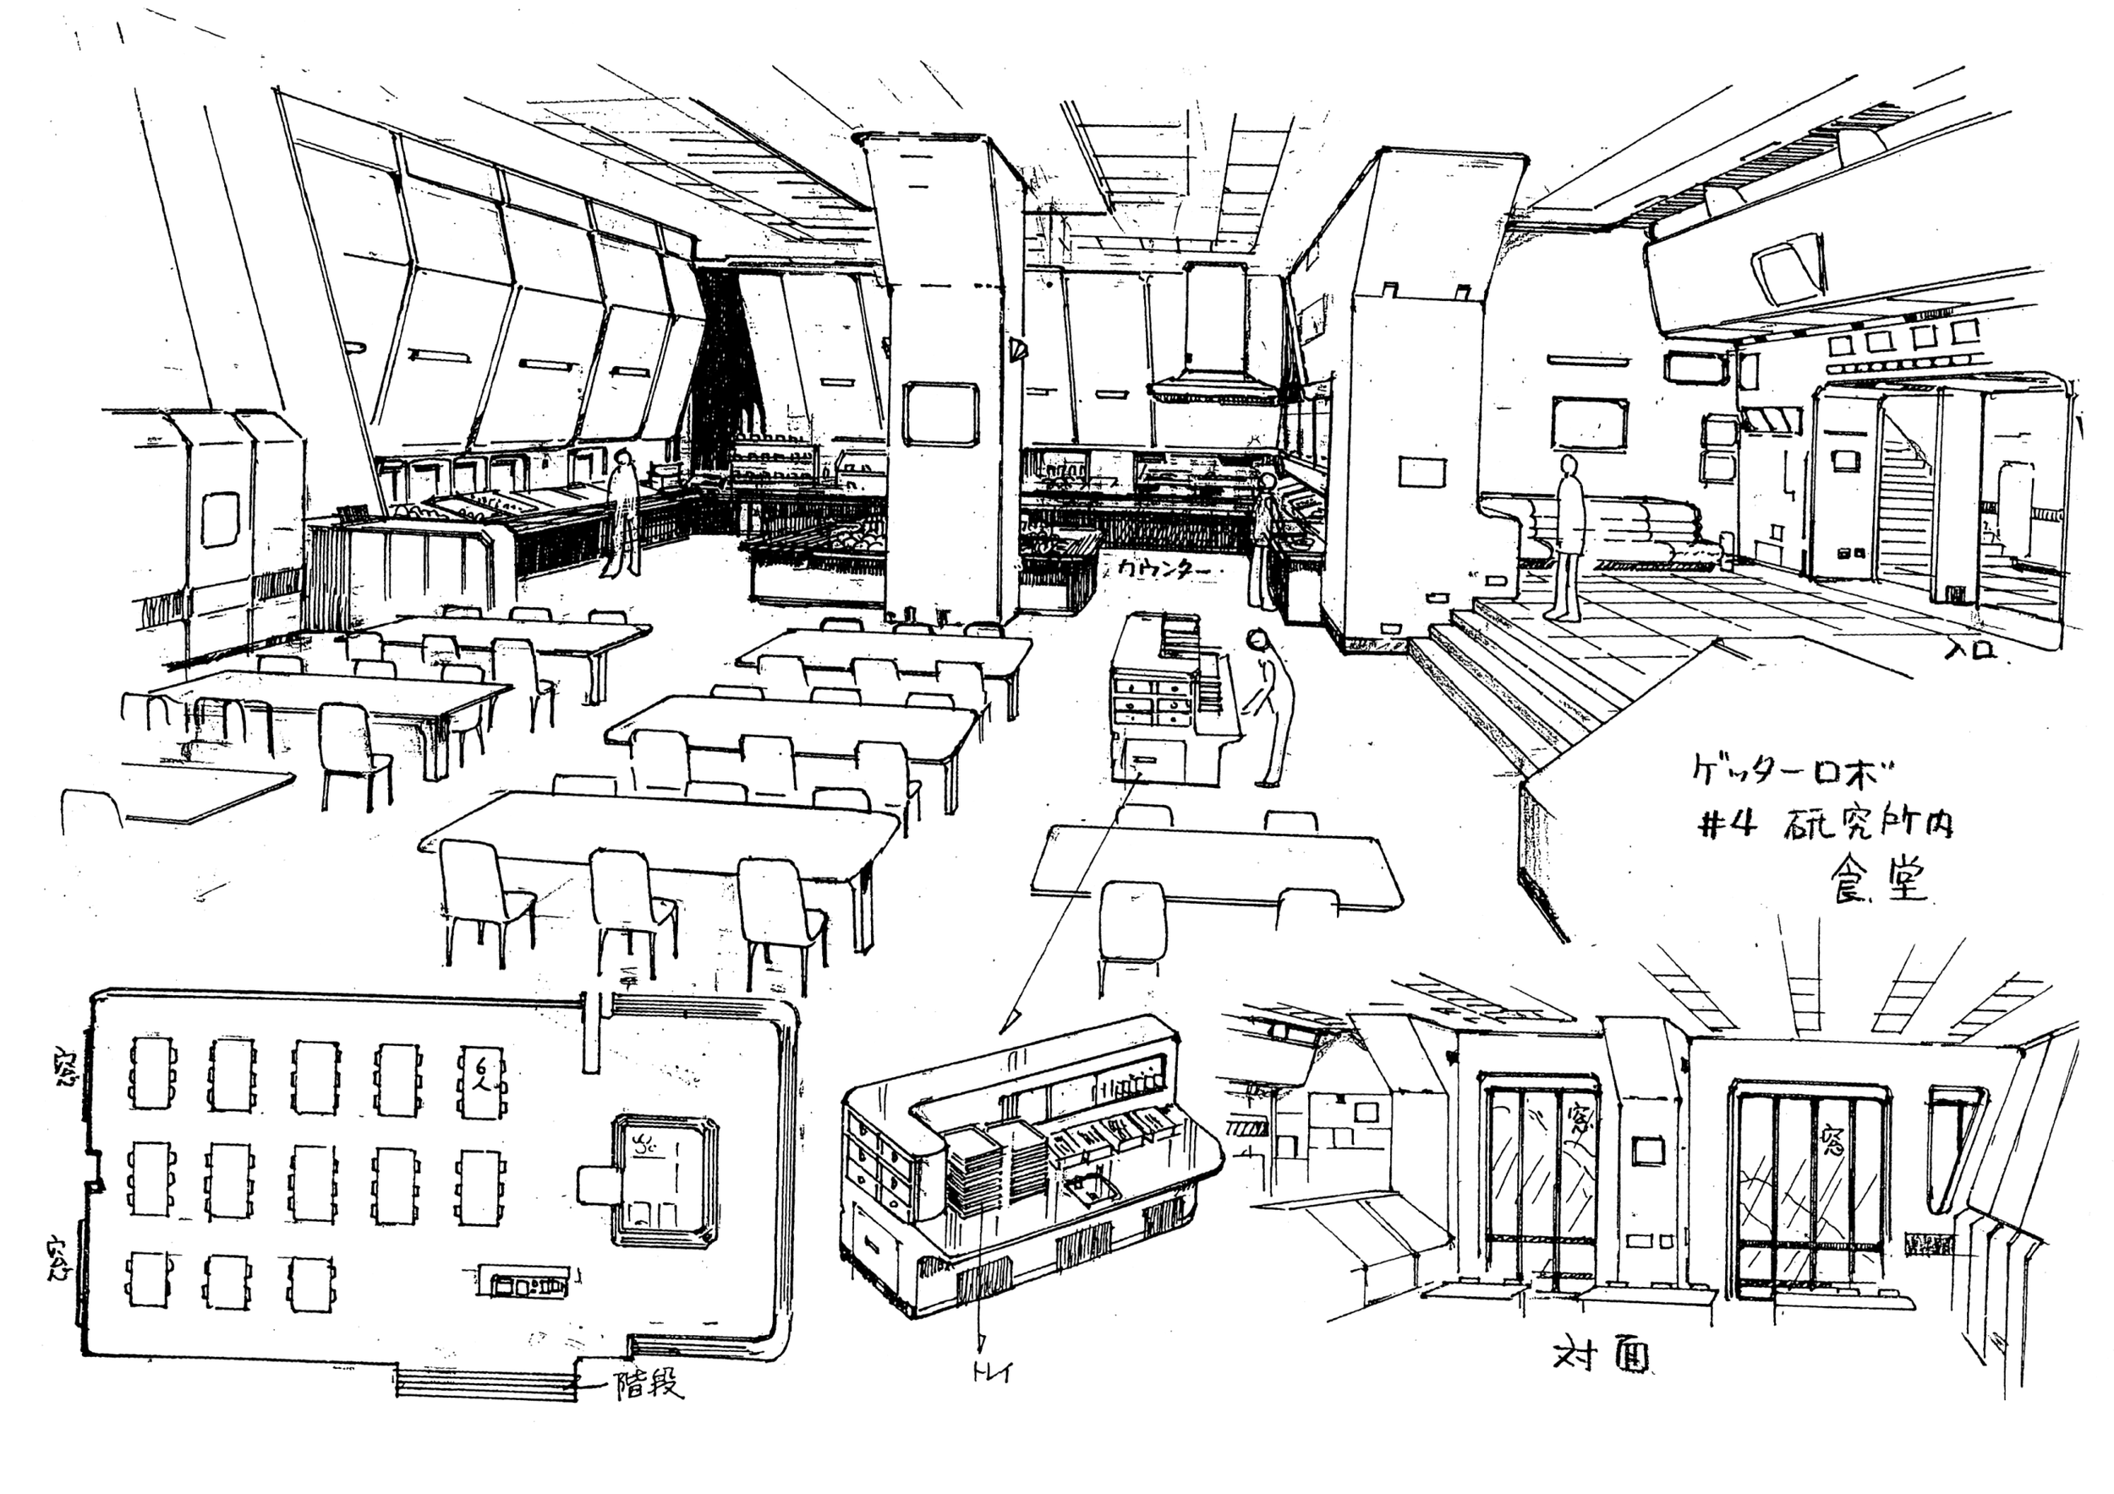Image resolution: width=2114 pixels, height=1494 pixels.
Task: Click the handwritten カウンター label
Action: click(1162, 570)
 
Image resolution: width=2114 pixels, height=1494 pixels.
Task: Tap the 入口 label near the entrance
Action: click(1972, 649)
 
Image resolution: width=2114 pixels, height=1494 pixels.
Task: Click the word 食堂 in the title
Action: click(1878, 878)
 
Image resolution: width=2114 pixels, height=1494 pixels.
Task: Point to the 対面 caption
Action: click(1600, 1354)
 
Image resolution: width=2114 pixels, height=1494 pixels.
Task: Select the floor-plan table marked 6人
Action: click(479, 1081)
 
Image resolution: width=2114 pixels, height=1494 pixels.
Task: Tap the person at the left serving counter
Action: click(622, 512)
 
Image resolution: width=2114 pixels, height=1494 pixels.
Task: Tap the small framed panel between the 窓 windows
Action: click(1648, 1150)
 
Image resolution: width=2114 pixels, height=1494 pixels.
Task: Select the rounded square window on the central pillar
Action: click(939, 413)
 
